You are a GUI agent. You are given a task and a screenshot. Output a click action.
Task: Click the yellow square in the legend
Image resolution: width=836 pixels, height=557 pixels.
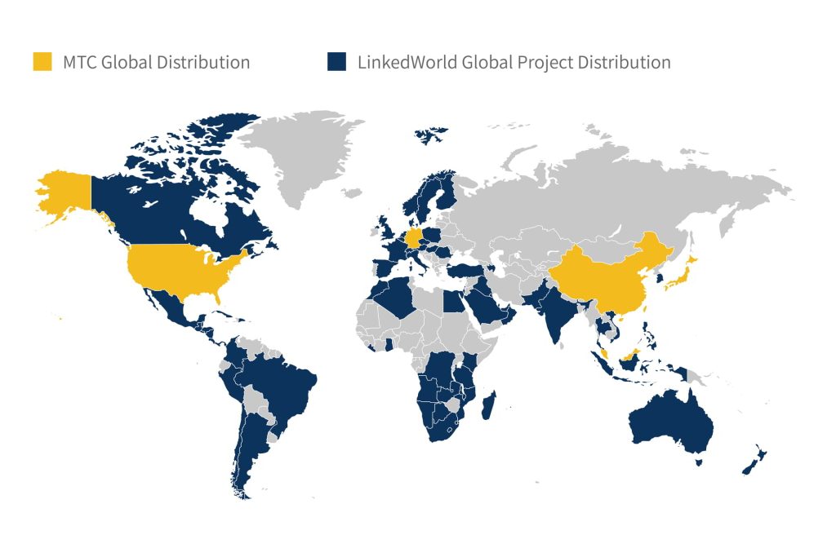tap(42, 62)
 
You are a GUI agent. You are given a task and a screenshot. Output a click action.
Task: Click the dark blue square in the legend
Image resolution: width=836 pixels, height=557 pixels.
tap(336, 62)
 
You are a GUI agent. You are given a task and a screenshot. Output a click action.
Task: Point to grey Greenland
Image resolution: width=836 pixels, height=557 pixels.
tap(306, 151)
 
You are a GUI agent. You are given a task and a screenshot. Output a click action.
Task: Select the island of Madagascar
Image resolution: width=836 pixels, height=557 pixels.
tap(488, 405)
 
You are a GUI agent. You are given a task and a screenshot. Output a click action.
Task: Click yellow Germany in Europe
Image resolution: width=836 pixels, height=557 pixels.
tap(415, 238)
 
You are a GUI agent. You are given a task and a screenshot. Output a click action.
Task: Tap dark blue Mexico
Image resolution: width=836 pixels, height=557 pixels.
tap(167, 314)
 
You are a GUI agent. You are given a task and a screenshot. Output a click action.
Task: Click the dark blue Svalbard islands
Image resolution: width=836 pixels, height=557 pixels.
tap(430, 133)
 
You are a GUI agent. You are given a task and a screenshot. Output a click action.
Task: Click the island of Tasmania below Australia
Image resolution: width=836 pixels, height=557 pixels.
tap(699, 462)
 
